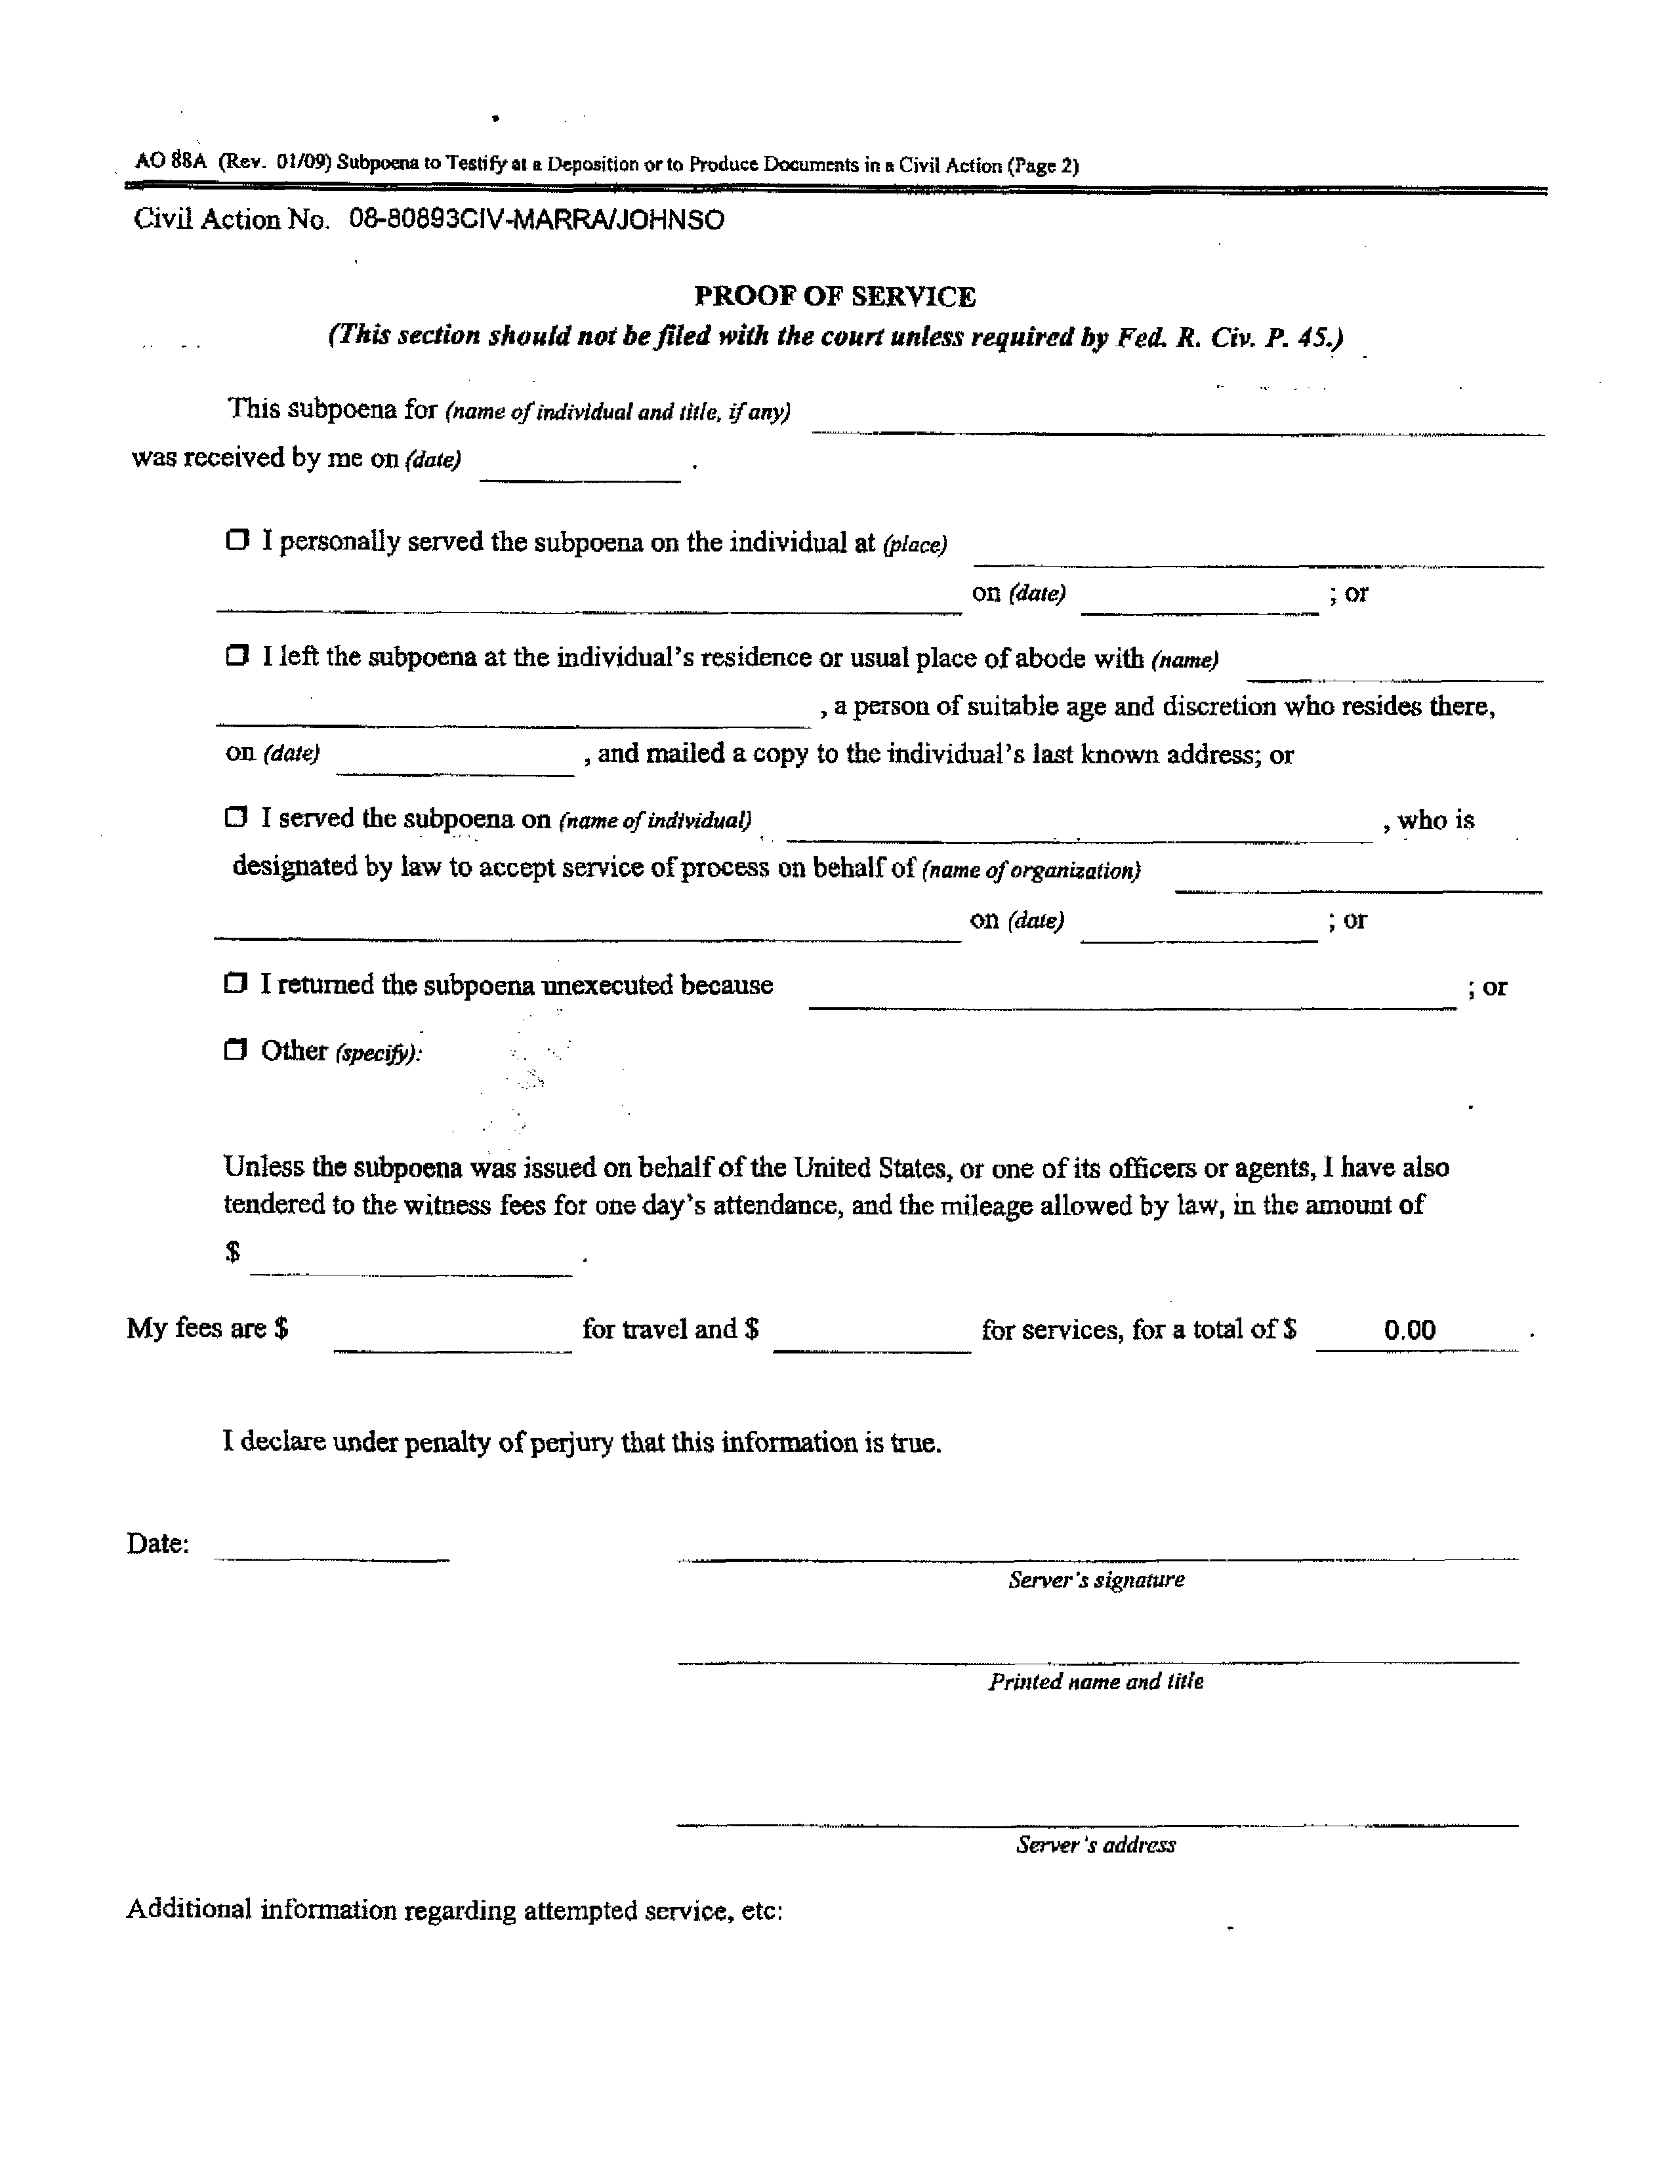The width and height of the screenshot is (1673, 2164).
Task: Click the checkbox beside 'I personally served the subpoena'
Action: coord(237,541)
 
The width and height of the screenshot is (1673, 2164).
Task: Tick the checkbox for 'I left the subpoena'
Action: coord(237,656)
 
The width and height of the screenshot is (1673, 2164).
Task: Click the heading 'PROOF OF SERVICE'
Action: coord(835,296)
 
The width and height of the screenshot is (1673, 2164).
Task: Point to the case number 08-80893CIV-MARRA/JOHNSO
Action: coord(536,220)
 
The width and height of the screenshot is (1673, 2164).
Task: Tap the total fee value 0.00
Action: coord(1409,1330)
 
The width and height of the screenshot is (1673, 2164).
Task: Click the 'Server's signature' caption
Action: coord(1096,1580)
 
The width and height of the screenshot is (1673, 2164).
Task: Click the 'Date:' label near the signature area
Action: coord(157,1544)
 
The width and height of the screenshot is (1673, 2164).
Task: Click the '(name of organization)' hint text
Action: coord(1031,871)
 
